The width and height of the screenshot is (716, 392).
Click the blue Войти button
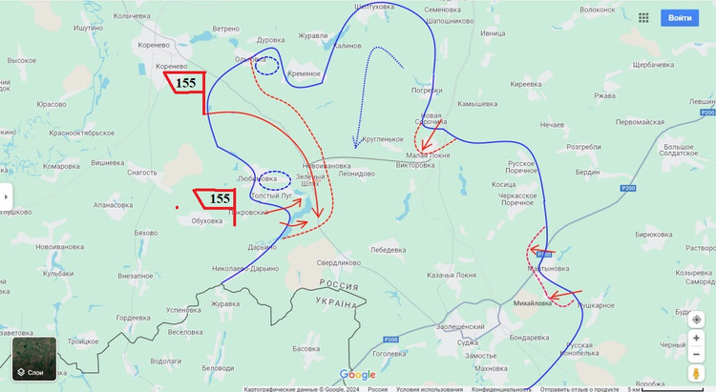coord(680,18)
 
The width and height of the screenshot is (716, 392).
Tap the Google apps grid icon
coord(643,18)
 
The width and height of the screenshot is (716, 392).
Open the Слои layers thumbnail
coord(34,360)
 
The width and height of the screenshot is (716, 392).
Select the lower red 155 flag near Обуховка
coord(219,198)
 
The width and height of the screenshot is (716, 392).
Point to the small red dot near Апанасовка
coord(178,206)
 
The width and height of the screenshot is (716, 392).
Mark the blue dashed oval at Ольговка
coord(268,66)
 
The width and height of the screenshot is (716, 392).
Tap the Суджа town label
coord(468,340)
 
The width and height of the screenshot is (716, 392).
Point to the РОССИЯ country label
coord(338,286)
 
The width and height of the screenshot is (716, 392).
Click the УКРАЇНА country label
coord(338,303)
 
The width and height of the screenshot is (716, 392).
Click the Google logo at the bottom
coord(358,375)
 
